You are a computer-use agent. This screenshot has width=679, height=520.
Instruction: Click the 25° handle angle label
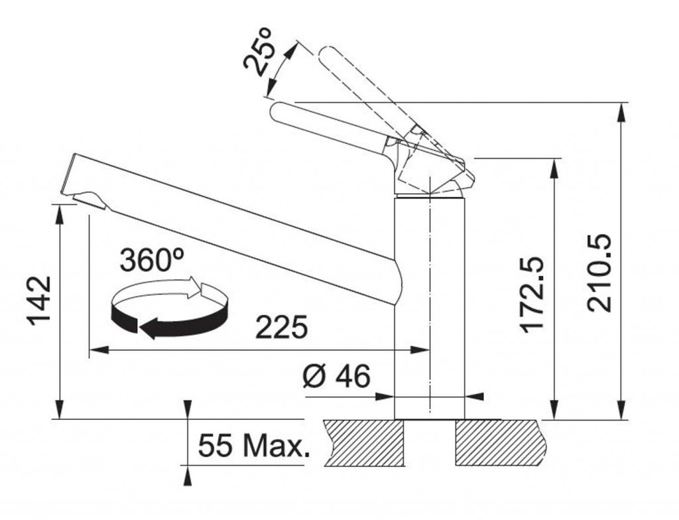click(257, 52)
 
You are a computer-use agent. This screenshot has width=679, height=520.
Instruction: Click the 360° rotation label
click(152, 261)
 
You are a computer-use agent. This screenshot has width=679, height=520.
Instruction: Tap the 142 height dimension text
click(39, 300)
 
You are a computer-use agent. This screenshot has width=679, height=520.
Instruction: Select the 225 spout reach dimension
click(281, 327)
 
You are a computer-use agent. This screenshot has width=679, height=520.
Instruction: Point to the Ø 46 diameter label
click(336, 375)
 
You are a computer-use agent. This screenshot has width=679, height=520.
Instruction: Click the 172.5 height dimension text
click(531, 294)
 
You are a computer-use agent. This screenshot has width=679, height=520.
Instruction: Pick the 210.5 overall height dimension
click(599, 273)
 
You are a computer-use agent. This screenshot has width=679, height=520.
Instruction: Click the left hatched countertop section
click(364, 443)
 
